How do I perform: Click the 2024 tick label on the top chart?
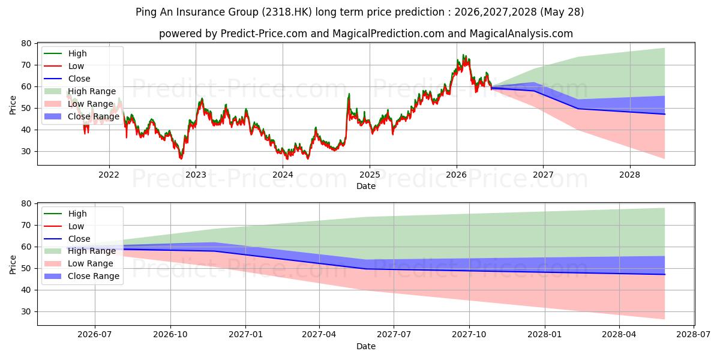point(283,175)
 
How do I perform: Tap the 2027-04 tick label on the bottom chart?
point(319,335)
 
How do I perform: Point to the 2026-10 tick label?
point(170,335)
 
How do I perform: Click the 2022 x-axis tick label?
point(109,175)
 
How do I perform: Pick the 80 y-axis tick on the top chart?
point(26,43)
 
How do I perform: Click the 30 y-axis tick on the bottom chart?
point(26,312)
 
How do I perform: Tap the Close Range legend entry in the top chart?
point(82,116)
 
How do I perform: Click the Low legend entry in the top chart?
point(64,66)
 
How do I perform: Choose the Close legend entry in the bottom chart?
point(67,239)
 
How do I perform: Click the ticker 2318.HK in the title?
point(287,12)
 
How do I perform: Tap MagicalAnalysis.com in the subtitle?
point(521,34)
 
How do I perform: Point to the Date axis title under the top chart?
point(366,186)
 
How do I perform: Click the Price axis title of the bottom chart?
point(13,265)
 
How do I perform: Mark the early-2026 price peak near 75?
point(463,55)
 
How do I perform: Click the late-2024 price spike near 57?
point(349,94)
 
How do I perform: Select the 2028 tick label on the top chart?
point(629,175)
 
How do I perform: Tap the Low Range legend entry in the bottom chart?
point(79,263)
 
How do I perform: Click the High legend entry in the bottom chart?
point(65,214)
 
